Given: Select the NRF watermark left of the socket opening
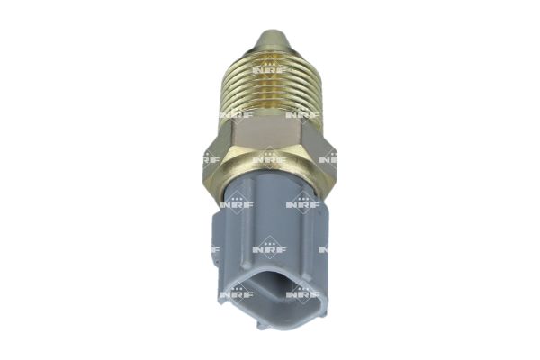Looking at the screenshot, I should (236, 293).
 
